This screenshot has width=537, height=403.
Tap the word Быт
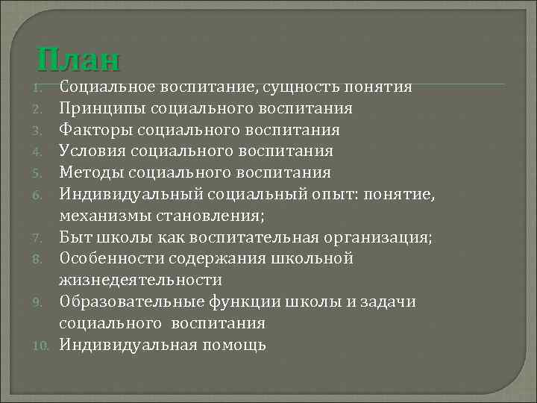[x=74, y=238]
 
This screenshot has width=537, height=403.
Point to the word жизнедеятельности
[x=141, y=281]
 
